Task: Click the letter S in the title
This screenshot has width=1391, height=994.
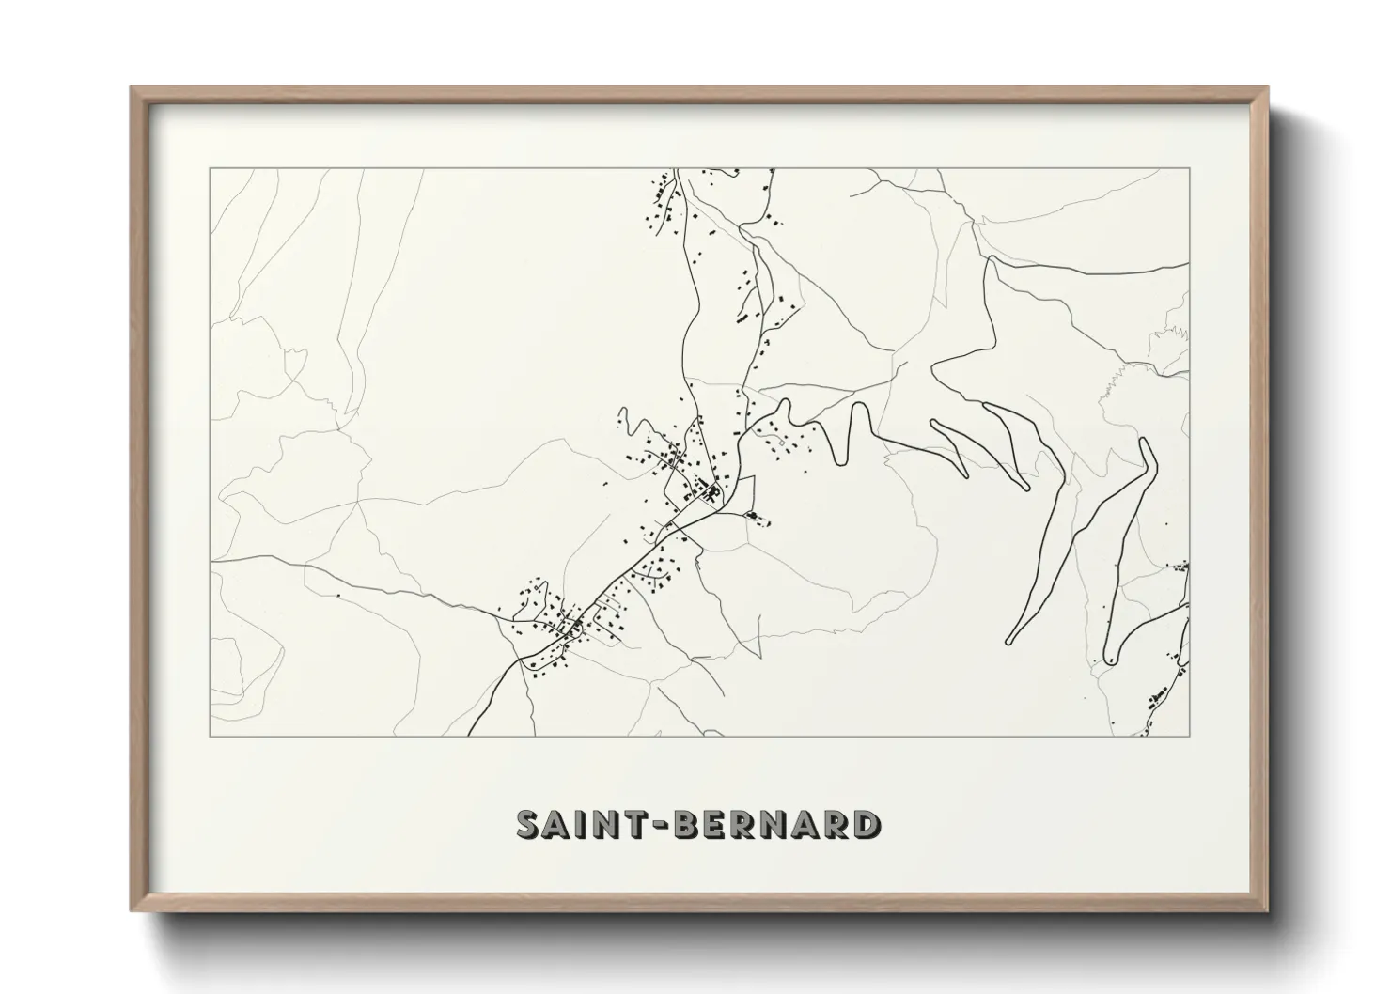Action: (x=529, y=825)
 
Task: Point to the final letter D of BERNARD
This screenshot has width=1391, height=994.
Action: (x=867, y=825)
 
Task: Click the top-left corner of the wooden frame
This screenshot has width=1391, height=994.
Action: (x=132, y=88)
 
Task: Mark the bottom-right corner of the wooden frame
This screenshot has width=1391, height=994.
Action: (x=1267, y=910)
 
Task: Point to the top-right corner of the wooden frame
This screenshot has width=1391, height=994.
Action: (x=1267, y=88)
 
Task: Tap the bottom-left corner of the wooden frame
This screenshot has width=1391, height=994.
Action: (x=132, y=910)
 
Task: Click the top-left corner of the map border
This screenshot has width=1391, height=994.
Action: (x=210, y=168)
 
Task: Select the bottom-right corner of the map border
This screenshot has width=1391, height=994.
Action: (x=1190, y=737)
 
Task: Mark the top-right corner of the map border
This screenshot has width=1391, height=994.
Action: (x=1190, y=168)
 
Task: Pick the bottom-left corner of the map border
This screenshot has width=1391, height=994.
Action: (x=210, y=737)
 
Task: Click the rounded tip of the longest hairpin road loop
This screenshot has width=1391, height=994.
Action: (x=1010, y=642)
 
